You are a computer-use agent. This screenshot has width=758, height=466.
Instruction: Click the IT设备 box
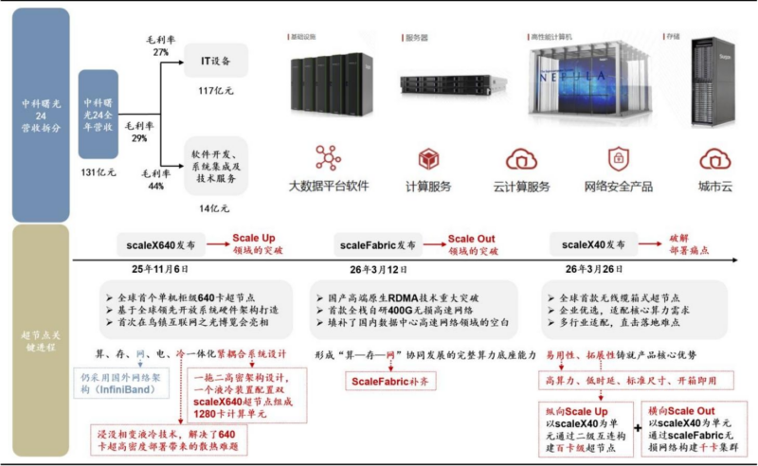(216, 60)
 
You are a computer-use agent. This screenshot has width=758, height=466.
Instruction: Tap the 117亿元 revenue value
(216, 91)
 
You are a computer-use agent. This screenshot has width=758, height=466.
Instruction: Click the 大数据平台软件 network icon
(328, 157)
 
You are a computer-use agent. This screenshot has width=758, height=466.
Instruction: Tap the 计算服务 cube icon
(428, 158)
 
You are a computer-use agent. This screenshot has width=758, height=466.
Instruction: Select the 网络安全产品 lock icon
(619, 157)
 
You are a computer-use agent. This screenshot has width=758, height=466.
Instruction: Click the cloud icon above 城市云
(714, 158)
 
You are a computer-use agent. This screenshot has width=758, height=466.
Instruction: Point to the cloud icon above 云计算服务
(521, 158)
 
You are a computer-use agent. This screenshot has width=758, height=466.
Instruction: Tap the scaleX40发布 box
(587, 244)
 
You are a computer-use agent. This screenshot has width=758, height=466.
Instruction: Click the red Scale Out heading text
(471, 239)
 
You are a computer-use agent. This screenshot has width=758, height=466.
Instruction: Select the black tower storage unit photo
(714, 71)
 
